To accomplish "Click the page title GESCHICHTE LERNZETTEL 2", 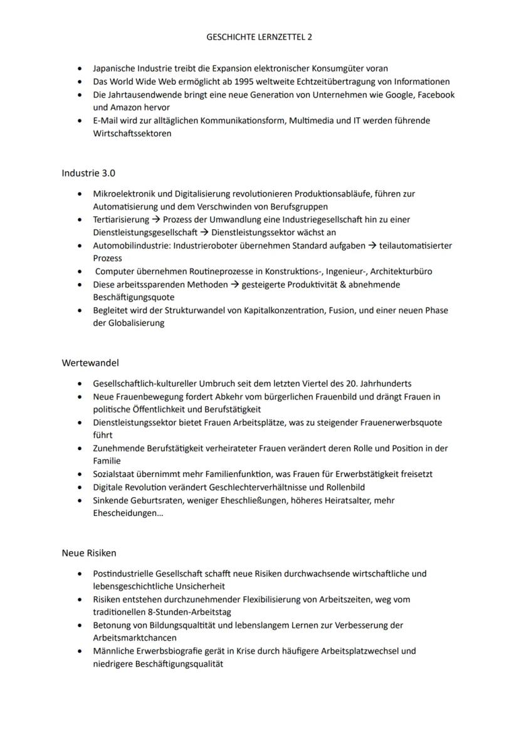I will tap(259, 37).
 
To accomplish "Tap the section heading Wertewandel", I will tap(90, 363).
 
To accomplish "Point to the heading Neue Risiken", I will tap(89, 553).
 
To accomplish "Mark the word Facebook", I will tap(436, 95).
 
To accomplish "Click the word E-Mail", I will tap(105, 121).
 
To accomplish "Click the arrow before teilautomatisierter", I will tap(372, 245).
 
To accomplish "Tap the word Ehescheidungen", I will tap(125, 513).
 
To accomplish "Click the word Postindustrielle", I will tap(123, 574).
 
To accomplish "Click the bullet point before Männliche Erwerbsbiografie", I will tap(80, 652).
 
